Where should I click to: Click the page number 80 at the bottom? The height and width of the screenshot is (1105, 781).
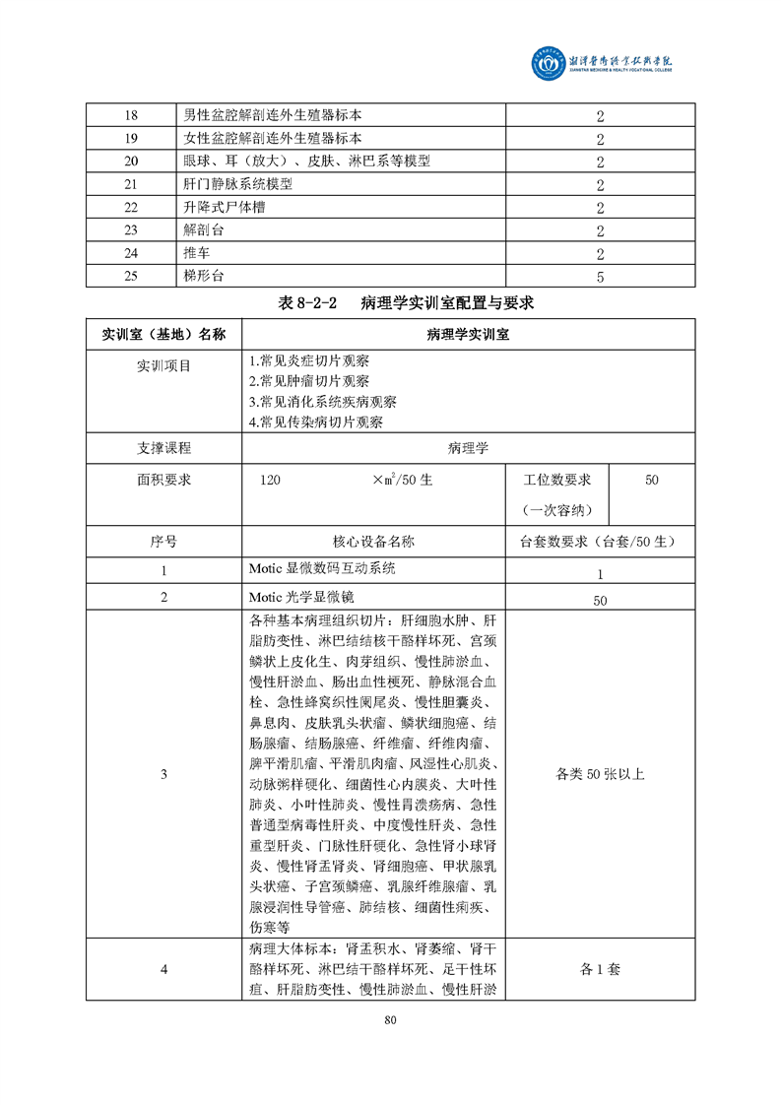tap(390, 1019)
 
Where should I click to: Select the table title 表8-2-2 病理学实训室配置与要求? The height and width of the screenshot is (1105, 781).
tap(390, 302)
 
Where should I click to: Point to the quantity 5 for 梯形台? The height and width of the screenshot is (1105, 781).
tap(599, 277)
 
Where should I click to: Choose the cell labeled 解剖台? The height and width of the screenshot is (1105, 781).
tap(204, 230)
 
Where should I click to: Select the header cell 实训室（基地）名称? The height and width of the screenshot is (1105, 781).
tap(163, 334)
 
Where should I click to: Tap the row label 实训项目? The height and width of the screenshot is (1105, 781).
tap(163, 365)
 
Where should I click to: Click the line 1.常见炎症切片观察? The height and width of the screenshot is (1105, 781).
tap(309, 361)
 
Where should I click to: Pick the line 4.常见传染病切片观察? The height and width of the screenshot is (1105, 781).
tap(316, 422)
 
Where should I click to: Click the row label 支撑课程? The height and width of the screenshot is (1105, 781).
tap(163, 448)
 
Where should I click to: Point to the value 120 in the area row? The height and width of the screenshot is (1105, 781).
tap(270, 481)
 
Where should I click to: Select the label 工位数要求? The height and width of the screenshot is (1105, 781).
tap(556, 480)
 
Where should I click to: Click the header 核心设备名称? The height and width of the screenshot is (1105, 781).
tap(373, 541)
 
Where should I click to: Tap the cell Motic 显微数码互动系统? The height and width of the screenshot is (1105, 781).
tap(322, 569)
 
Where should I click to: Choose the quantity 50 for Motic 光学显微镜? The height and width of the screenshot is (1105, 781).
tap(600, 600)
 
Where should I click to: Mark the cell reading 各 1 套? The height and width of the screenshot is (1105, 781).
tap(600, 969)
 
